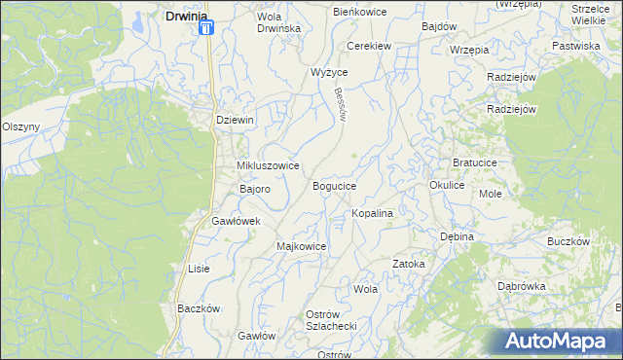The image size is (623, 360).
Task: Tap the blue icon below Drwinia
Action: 206,28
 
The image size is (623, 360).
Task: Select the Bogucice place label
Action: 334,185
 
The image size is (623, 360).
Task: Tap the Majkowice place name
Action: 301,246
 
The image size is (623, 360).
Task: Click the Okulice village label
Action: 447,184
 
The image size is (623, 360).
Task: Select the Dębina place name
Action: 456,236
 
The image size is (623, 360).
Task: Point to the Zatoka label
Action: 409,264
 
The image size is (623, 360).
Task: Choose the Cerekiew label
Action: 370,46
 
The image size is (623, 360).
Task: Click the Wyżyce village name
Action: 329,73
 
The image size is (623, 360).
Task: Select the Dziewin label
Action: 235,120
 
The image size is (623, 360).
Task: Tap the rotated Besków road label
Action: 340,101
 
